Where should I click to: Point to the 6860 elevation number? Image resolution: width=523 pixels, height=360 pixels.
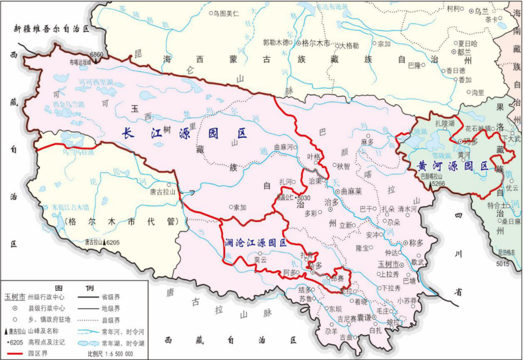[96, 55]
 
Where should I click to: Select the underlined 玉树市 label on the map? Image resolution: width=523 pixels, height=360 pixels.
[387, 265]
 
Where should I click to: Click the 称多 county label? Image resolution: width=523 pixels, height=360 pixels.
[416, 243]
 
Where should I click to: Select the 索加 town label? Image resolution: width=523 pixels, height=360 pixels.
[240, 207]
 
